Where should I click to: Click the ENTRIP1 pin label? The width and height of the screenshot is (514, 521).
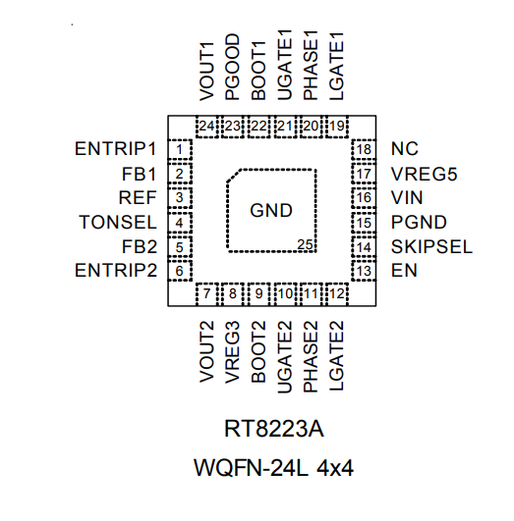[115, 150]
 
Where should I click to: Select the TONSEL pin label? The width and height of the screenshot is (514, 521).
[117, 223]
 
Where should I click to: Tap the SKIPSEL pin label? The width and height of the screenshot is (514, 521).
[431, 246]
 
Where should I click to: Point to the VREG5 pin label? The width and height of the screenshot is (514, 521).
[423, 175]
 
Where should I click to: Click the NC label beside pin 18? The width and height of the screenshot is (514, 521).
[404, 150]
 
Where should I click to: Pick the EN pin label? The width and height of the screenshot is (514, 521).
[402, 271]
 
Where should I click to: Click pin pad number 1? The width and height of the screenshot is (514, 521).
[180, 150]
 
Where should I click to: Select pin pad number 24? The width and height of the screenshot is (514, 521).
[207, 126]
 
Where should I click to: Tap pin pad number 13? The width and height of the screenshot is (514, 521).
[365, 271]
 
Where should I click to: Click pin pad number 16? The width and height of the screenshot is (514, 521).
[365, 198]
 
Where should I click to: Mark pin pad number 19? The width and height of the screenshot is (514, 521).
[337, 126]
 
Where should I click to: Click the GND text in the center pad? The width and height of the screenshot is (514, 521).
[271, 210]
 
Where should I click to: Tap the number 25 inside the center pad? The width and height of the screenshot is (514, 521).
[306, 244]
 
